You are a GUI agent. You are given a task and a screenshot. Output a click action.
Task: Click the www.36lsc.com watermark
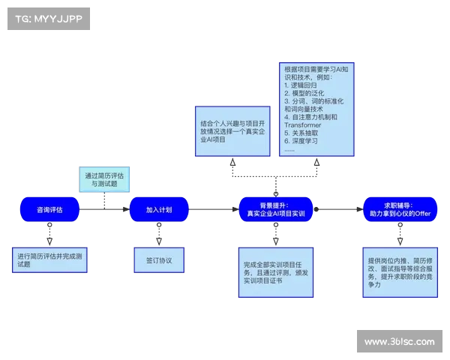[x=398, y=342]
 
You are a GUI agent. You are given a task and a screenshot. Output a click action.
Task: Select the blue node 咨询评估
[x=49, y=209]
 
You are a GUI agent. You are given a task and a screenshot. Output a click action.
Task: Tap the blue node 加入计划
[x=159, y=209]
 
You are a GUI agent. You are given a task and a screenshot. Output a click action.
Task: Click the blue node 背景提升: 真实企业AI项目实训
[x=276, y=209]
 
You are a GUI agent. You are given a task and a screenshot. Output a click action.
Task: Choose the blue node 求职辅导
[x=396, y=209]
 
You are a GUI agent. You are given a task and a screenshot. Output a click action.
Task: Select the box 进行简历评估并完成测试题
[x=51, y=260]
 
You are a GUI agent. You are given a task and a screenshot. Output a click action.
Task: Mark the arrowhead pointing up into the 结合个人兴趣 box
[x=232, y=163]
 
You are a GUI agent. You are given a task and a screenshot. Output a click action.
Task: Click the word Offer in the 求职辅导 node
[x=424, y=214]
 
